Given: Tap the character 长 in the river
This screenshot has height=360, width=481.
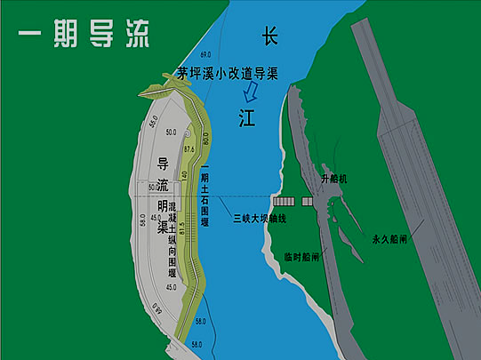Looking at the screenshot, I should tap(270, 36).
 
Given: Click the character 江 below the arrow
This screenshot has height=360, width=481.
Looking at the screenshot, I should tap(246, 119).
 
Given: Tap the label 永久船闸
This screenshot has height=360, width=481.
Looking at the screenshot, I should tap(390, 239).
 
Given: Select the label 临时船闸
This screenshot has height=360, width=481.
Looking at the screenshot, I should tap(302, 255).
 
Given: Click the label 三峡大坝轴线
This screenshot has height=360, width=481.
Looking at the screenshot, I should tap(259, 218).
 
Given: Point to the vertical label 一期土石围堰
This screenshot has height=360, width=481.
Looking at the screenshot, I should tap(204, 186).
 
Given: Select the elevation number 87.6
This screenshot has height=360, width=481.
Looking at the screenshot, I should tap(188, 149).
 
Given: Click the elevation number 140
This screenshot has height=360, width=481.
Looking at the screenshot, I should tap(185, 175).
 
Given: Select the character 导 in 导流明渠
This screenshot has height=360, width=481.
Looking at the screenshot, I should tap(163, 164).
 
